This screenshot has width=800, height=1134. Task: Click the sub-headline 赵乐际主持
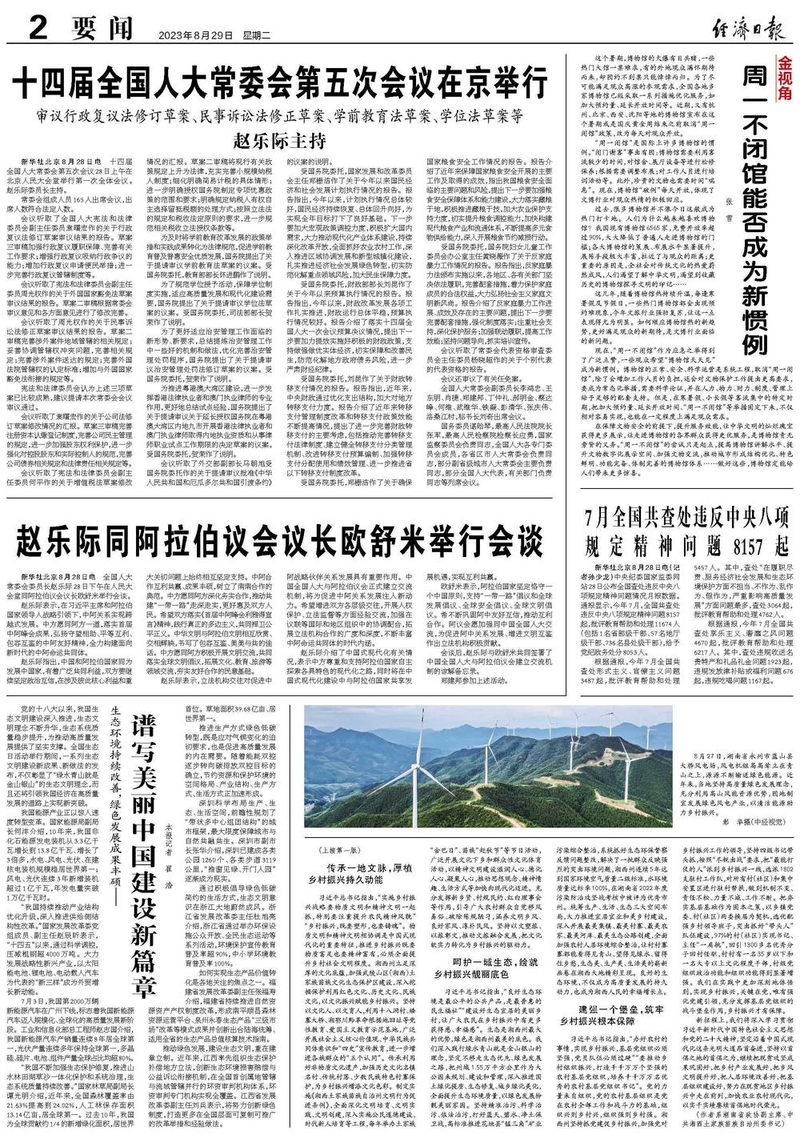(279, 143)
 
